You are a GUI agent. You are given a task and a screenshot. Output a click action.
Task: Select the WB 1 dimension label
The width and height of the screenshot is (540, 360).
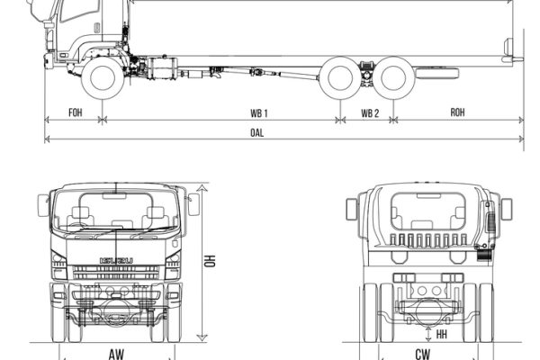pyautogui.click(x=260, y=112)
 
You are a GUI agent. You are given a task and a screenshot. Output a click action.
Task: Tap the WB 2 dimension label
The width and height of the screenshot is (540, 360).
pyautogui.click(x=370, y=112)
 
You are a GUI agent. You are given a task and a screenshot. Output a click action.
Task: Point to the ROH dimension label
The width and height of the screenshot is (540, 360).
pyautogui.click(x=457, y=112)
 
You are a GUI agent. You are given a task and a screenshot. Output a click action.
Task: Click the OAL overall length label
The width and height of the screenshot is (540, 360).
pyautogui.click(x=261, y=131)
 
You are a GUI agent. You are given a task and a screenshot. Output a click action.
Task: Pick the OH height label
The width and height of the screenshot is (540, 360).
pyautogui.click(x=210, y=261)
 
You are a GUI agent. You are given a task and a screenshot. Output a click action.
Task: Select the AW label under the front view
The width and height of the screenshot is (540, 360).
pyautogui.click(x=116, y=354)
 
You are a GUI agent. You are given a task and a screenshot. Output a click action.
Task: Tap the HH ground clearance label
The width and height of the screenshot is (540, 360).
pyautogui.click(x=442, y=333)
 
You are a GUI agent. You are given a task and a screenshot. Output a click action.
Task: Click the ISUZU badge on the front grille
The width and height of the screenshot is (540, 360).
pyautogui.click(x=116, y=260)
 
